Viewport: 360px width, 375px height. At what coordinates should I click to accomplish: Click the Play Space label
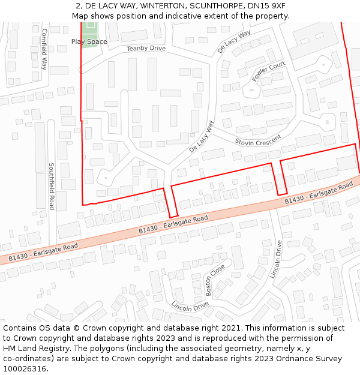89,41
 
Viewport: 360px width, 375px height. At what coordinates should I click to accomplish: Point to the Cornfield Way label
44,49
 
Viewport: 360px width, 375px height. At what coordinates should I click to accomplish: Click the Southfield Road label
52,186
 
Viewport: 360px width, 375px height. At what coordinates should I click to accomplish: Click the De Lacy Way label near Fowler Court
234,41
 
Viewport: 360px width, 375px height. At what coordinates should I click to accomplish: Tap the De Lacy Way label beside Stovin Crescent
202,136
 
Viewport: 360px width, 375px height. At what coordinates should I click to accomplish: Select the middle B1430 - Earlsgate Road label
173,224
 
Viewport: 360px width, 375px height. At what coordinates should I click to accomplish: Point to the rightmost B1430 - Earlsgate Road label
319,193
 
